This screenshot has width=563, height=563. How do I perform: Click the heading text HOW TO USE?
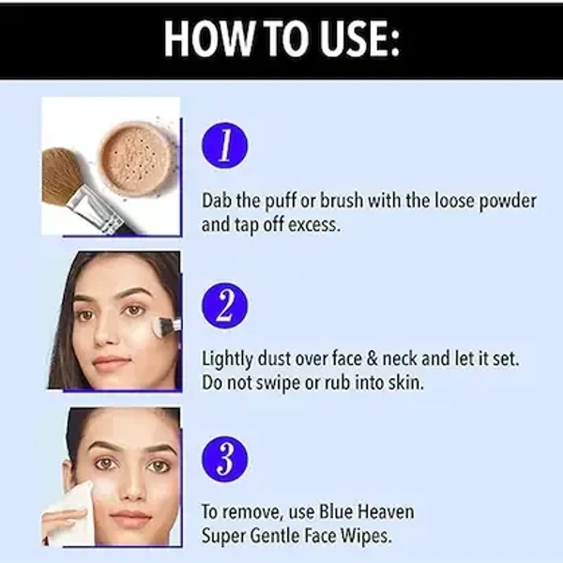tap(281, 39)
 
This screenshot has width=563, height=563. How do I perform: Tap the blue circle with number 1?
tap(226, 148)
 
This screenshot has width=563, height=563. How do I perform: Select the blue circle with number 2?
tap(226, 306)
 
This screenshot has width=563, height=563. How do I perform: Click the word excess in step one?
tap(317, 225)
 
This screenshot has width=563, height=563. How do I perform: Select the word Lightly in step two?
tap(229, 358)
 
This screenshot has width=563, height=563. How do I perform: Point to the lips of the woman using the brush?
tap(112, 361)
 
